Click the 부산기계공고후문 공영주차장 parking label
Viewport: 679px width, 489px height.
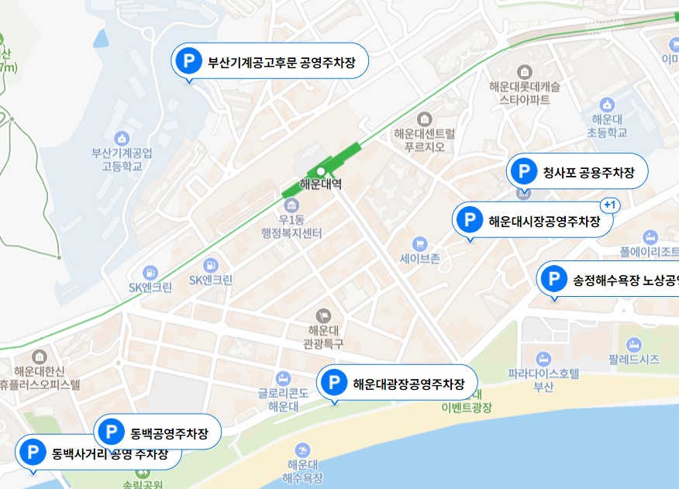coord(270,62)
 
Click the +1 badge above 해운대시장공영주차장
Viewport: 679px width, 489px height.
coord(609,205)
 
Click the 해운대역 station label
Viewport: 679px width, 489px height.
coord(321,186)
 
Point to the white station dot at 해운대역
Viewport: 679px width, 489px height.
coord(320,171)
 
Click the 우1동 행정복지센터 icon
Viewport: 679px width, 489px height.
coord(291,205)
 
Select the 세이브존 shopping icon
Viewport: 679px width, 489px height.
coord(420,244)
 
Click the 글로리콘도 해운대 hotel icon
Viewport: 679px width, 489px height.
coord(284,377)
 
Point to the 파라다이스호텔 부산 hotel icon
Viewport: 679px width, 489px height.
coord(543,358)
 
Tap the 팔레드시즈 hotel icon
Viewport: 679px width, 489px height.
coord(634,344)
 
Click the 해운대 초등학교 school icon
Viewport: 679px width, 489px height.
coord(607,105)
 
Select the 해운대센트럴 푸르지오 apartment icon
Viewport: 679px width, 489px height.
coord(424,119)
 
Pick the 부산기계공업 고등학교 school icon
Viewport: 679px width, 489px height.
coord(121,138)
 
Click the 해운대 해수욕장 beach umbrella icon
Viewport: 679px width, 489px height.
coord(302,449)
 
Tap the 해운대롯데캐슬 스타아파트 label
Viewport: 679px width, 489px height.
coord(525,94)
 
